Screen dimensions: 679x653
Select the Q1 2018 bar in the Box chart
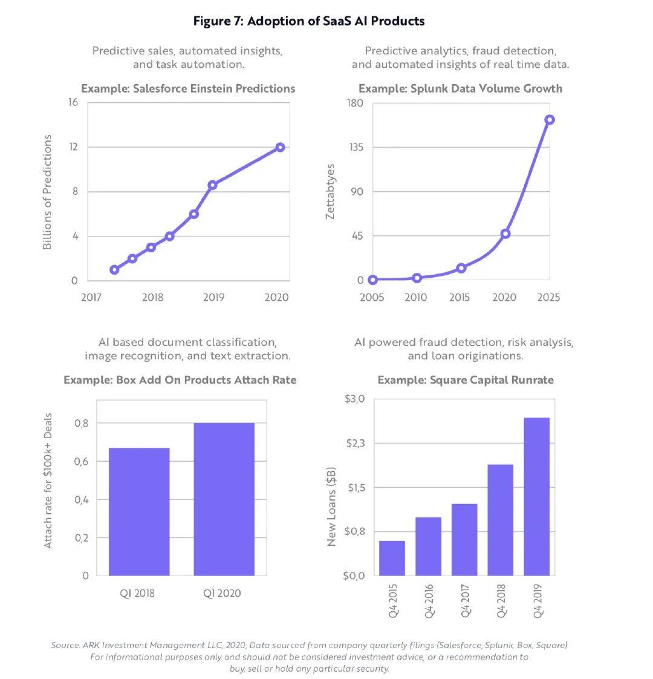coord(139,511)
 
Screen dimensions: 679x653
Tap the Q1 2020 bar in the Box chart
coord(224,499)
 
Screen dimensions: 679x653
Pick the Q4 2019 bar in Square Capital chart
coord(536,496)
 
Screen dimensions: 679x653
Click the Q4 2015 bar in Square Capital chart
coord(392,558)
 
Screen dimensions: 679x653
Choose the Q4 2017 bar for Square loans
coord(464,539)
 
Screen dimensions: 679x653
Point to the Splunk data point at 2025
coord(549,120)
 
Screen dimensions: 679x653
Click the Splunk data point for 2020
coord(505,234)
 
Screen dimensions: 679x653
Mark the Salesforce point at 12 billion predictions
coord(280,147)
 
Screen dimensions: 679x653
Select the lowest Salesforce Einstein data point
coord(114,269)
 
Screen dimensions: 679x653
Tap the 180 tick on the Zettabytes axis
coord(356,103)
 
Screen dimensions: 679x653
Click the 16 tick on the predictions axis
coord(73,102)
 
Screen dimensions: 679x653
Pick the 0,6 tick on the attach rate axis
coord(81,462)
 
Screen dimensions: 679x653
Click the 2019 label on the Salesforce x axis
coord(213,297)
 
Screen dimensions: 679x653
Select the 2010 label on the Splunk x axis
coord(416,297)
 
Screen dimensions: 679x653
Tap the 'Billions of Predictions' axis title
coord(47,192)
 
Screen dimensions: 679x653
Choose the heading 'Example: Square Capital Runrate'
coord(466,380)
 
